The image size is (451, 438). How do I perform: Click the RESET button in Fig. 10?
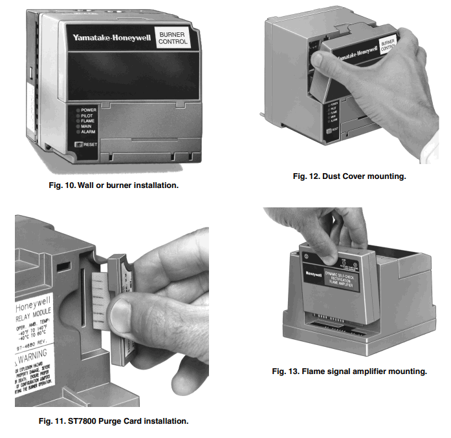point(79,144)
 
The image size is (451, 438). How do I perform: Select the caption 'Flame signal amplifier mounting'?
point(349,371)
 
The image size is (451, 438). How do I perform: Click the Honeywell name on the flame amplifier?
point(315,273)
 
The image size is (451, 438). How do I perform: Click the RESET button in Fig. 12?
point(331,130)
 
